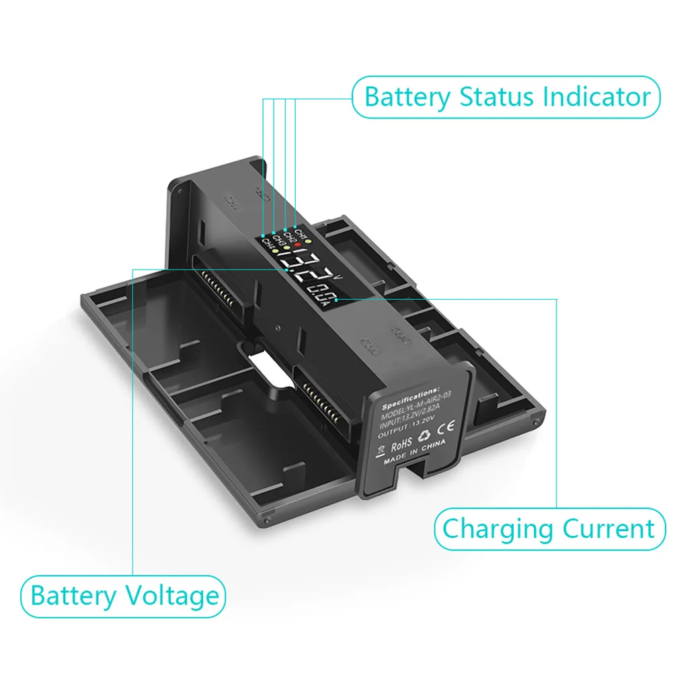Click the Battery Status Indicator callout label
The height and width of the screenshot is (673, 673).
point(506,97)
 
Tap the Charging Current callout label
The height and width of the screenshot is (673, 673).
point(549,528)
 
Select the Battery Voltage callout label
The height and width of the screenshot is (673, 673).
point(125,596)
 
